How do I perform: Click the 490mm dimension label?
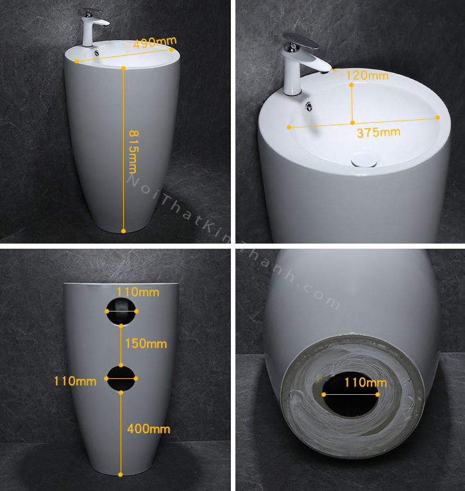tap(155, 42)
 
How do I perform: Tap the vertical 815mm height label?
tap(133, 152)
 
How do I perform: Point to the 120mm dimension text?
tap(368, 76)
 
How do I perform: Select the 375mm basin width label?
tap(378, 133)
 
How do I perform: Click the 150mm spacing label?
tap(146, 344)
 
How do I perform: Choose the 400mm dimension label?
tap(149, 429)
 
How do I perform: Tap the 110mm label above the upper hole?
tap(138, 292)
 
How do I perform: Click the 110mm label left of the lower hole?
tap(75, 381)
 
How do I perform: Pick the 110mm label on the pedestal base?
tap(366, 382)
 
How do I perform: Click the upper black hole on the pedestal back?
tap(121, 312)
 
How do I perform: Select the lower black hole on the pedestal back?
tap(121, 379)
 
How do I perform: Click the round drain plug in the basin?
tap(364, 160)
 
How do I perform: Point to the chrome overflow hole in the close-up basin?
tap(309, 107)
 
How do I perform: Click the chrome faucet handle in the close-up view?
tap(301, 42)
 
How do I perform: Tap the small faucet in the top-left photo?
tap(93, 28)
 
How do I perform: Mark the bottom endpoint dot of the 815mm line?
tap(123, 231)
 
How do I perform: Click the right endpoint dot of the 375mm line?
tap(437, 117)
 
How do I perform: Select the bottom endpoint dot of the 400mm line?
tap(121, 475)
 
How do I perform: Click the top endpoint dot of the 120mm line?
tap(351, 85)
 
